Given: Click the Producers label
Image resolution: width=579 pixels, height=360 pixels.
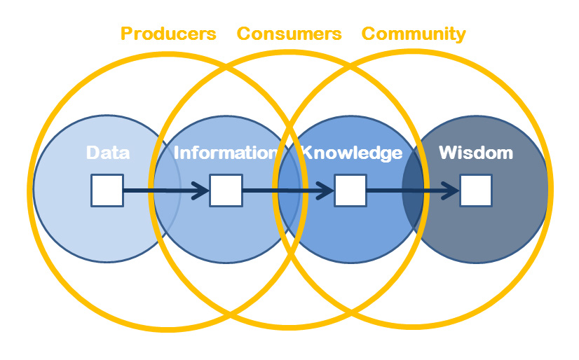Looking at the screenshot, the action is pos(168,34).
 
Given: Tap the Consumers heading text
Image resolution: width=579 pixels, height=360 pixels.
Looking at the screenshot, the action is pos(289,34).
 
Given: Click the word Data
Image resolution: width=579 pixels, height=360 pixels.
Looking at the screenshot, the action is pos(108,153).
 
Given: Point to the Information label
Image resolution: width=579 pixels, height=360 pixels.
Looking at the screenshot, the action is pos(225,153).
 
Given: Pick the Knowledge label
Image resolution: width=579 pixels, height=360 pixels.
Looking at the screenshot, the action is pos(352,153).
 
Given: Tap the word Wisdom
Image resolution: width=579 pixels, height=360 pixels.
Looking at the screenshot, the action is pos(476,153).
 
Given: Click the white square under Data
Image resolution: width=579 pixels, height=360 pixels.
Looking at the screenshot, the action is pos(107,191).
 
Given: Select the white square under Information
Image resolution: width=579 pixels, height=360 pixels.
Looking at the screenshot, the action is pos(226,191).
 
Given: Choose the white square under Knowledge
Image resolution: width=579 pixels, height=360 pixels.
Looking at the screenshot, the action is pos(350,191).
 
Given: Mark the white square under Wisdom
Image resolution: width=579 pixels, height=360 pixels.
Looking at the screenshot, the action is pos(476,191).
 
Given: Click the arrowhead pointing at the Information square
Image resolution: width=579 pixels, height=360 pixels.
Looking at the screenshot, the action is pos(201,191).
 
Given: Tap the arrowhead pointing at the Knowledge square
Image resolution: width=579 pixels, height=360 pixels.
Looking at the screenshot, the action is pos(326,191).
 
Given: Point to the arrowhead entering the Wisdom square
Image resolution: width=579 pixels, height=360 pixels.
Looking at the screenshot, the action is pos(451,191).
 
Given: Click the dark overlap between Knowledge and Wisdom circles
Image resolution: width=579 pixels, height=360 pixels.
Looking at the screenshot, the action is pos(413,190).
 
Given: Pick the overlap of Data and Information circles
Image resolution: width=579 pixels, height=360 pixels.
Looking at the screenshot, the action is pos(167,190).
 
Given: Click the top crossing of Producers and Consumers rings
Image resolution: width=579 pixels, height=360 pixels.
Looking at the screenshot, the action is pos(227,67).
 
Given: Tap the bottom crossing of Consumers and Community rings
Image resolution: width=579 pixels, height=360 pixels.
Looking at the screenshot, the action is pos(351,314).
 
